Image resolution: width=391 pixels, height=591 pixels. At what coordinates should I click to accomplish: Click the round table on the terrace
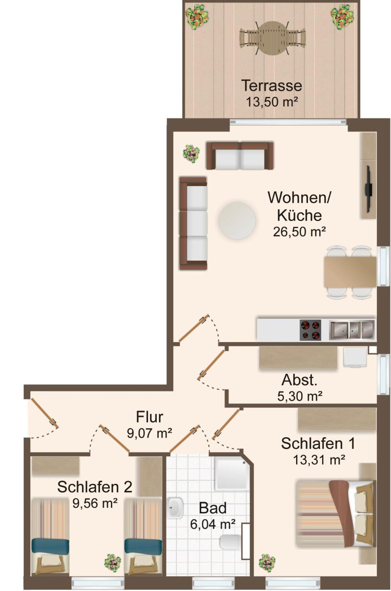tap(272, 38)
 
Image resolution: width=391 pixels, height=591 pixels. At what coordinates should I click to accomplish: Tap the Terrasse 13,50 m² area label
tap(272, 93)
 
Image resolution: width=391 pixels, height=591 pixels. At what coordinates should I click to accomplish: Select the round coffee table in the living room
tap(237, 220)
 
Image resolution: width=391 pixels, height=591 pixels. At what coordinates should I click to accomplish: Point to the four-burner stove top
tap(310, 330)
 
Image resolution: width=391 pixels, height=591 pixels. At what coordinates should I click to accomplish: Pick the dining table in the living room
tap(350, 272)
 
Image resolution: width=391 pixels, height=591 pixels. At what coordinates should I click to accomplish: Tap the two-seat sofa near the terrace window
tap(240, 155)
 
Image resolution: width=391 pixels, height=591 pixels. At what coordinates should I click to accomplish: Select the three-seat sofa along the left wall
tap(193, 223)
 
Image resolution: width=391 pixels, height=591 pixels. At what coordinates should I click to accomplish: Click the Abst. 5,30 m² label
tap(300, 388)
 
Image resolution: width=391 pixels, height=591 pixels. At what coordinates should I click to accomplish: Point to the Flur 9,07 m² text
tap(149, 425)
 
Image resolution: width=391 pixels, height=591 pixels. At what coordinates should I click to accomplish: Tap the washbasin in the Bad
tap(175, 508)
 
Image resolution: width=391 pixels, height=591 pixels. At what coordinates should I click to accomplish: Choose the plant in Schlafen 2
tap(113, 563)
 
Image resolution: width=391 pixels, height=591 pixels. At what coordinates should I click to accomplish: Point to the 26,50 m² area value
tap(299, 232)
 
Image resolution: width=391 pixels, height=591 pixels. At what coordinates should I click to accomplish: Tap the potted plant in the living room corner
tap(191, 153)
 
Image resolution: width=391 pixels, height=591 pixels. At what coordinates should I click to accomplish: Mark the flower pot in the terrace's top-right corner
tap(342, 17)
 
